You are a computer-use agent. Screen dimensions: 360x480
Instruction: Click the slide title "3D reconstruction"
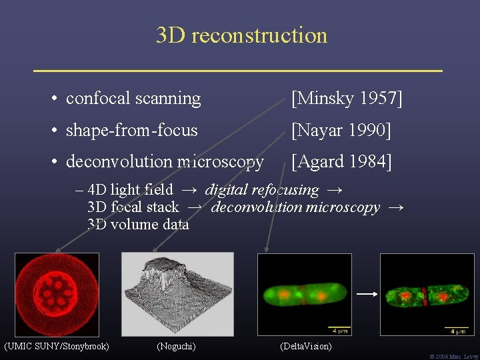pos(241,35)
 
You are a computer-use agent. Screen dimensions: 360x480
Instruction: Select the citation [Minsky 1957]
pos(347,99)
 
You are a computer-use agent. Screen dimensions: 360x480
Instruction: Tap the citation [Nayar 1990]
pos(341,130)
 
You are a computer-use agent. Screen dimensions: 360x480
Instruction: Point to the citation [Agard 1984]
pos(341,161)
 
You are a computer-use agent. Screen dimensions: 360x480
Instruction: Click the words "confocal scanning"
pos(133,99)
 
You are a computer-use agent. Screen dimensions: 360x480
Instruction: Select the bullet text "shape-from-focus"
pos(131,130)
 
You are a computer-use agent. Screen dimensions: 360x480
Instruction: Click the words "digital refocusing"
pos(262,191)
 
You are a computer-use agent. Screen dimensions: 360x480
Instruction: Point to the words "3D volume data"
pos(138,225)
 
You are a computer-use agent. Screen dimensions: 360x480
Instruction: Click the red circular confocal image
pos(57,294)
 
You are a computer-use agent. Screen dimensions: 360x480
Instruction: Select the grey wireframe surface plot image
pos(177,294)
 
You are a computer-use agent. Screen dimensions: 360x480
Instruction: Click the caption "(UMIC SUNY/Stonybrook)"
pos(57,346)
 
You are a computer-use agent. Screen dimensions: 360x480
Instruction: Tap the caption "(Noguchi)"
pos(176,346)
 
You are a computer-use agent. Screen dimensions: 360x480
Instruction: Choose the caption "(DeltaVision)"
pos(305,346)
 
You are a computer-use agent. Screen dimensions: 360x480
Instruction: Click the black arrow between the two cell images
pos(365,293)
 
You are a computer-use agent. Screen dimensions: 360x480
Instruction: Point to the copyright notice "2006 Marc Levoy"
pos(454,357)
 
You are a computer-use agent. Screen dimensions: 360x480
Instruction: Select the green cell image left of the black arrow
pos(305,294)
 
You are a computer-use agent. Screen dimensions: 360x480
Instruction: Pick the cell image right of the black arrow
pos(427,294)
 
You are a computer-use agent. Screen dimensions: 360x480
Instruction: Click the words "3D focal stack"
pos(133,208)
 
